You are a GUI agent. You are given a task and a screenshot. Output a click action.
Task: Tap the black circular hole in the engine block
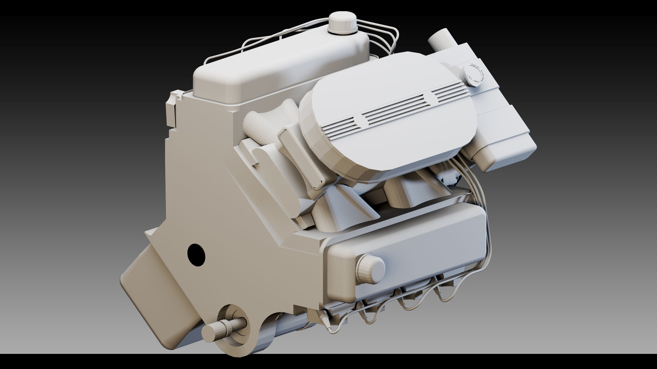click(x=196, y=255)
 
